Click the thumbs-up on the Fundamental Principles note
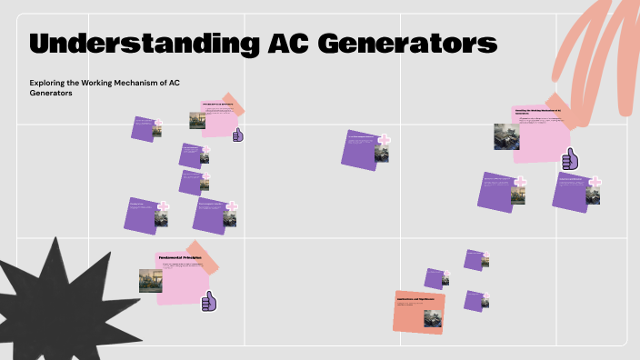(209, 301)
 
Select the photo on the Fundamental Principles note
(151, 280)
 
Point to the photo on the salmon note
(433, 318)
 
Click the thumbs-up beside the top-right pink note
(570, 160)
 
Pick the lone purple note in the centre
(364, 149)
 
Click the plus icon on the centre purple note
(385, 141)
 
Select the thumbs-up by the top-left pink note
(238, 135)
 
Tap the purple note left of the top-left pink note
(145, 127)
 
